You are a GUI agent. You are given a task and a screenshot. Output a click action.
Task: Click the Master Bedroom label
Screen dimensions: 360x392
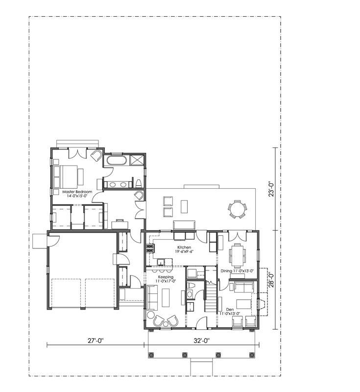77,194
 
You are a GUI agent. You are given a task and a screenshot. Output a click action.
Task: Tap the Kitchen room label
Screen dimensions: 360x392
184,249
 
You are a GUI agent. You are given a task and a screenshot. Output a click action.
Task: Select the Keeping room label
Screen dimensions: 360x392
166,279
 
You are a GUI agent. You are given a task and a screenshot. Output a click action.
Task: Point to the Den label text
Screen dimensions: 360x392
230,309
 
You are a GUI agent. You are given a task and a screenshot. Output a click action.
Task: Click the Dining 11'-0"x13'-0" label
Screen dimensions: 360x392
237,271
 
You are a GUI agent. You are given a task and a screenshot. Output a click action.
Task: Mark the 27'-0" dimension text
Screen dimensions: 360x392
96,340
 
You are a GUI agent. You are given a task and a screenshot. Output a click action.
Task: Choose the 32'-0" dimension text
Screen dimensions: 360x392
201,340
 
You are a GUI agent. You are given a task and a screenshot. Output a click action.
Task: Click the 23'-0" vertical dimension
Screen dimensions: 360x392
271,189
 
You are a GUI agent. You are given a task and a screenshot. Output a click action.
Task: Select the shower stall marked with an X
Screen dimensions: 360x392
137,160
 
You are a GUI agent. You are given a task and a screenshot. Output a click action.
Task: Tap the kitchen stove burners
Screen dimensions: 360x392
150,248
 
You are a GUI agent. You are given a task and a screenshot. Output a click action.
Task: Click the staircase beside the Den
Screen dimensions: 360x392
211,296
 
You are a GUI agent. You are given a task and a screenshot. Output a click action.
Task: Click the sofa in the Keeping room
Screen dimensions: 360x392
152,298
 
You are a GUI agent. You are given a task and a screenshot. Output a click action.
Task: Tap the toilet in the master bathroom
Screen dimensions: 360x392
139,183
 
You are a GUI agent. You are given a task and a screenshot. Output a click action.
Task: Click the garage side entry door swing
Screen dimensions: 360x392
53,241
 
